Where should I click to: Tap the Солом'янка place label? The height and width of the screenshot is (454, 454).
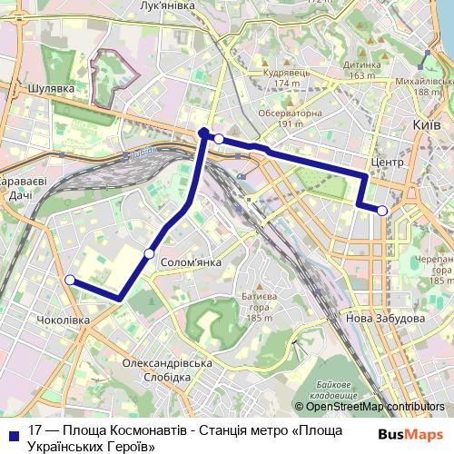(x=191, y=262)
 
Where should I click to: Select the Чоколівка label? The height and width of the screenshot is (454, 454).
(x=63, y=321)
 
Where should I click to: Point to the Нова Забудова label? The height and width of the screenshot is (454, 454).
(x=384, y=319)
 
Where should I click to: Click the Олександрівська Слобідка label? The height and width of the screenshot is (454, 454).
(x=167, y=370)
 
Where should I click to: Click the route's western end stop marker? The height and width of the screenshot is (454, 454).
(x=70, y=281)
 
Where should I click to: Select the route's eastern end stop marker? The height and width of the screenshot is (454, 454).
(x=382, y=211)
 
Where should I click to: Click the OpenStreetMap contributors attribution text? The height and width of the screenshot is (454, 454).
(x=374, y=407)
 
